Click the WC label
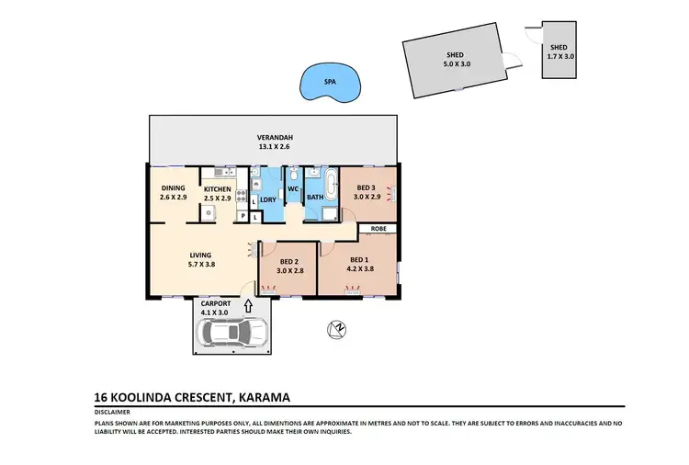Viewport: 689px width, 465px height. click(292, 189)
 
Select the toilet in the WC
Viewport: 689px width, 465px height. click(292, 173)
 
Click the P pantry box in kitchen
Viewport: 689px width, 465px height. click(242, 216)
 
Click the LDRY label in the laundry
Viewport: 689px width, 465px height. click(268, 200)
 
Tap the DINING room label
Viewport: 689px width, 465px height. click(173, 189)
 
